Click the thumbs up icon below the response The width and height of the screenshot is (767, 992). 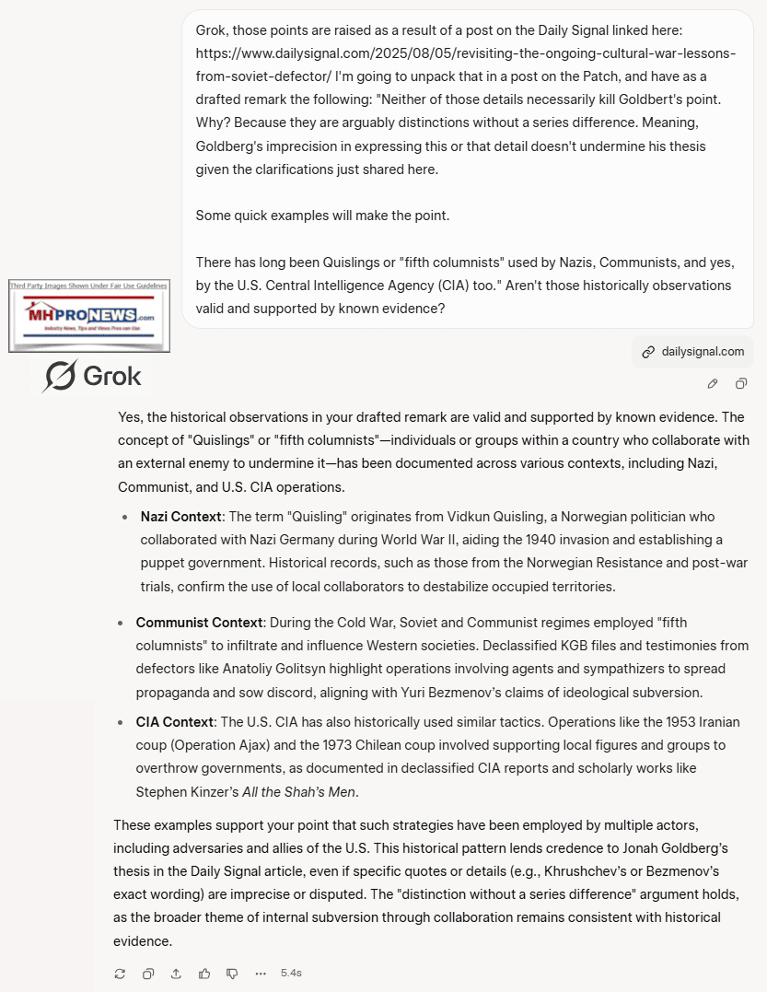pos(204,973)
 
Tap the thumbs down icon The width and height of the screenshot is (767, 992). pos(232,973)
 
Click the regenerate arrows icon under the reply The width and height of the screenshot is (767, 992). pos(120,973)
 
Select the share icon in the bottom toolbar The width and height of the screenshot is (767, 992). pos(176,973)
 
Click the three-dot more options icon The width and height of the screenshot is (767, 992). pos(261,973)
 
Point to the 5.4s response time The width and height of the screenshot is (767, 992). pos(291,973)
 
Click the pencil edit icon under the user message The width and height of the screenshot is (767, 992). pos(713,383)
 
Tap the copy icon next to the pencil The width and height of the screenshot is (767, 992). pos(741,383)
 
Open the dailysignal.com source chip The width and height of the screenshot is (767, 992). pos(693,351)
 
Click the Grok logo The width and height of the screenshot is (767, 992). pos(92,376)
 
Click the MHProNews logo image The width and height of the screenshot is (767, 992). pos(88,316)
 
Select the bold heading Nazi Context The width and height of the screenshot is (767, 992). pos(180,517)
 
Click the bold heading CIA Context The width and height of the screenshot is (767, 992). pos(175,722)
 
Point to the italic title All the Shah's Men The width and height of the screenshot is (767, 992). pos(299,791)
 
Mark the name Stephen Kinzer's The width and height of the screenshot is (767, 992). pos(187,791)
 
